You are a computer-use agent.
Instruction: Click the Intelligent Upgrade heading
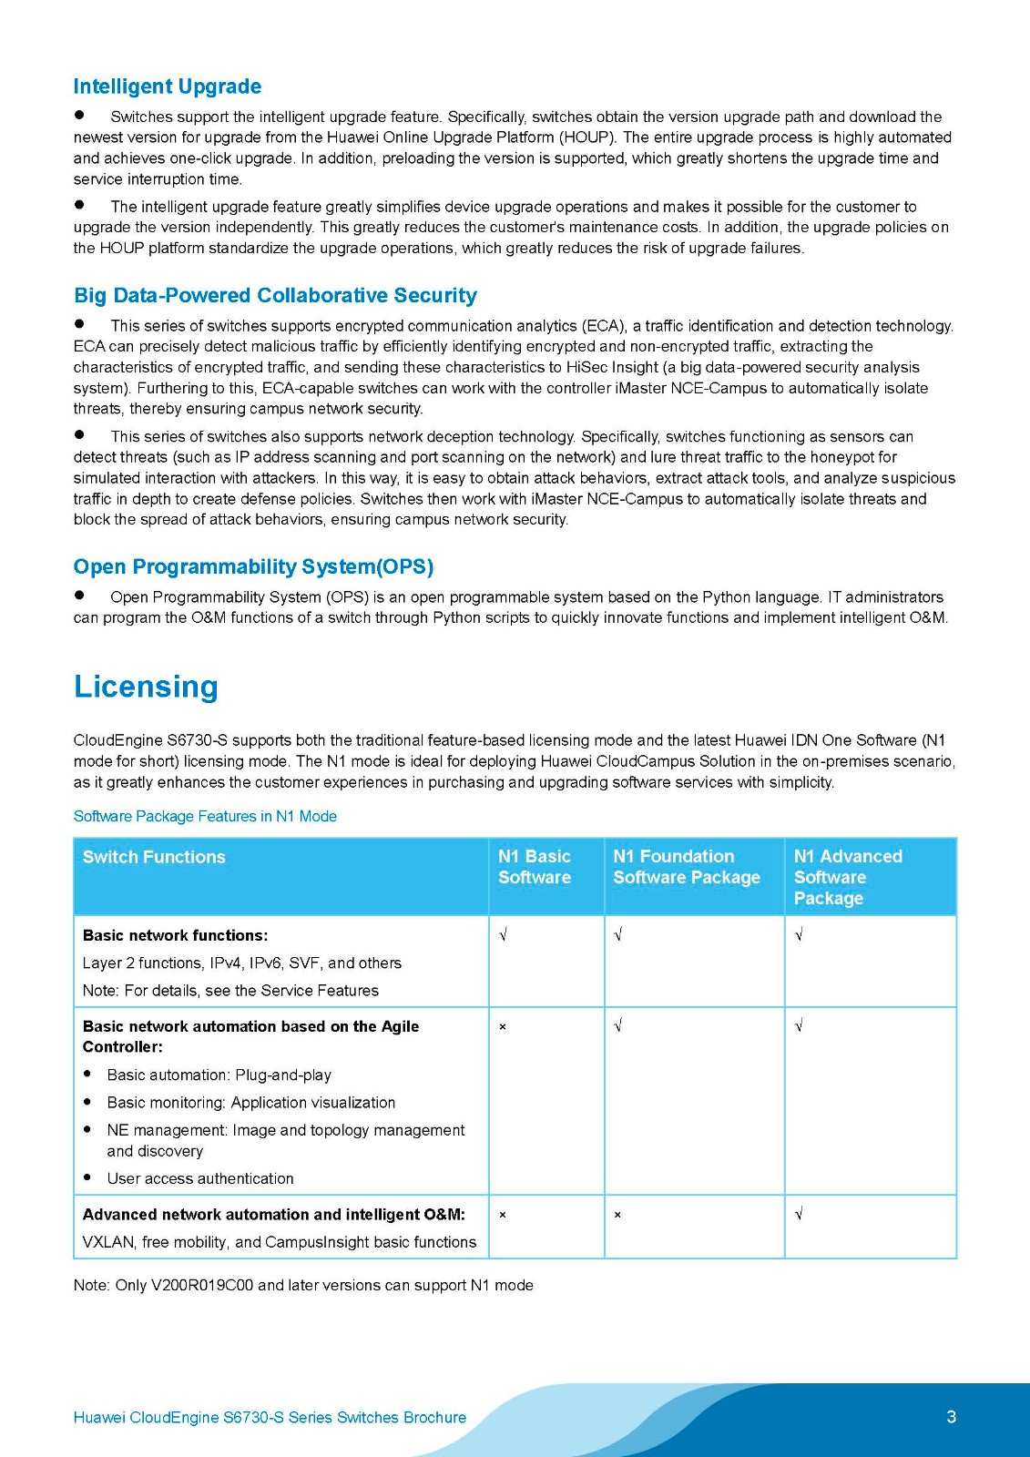168,87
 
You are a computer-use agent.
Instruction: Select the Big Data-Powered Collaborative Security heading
275,295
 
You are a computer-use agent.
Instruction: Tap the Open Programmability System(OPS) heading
253,566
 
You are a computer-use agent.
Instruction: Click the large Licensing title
146,687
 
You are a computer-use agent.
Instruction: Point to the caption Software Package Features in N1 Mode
205,816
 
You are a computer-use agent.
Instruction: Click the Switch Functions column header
154,857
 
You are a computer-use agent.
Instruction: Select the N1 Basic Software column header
535,867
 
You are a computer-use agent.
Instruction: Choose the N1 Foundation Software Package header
687,867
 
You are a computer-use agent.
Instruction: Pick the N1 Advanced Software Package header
848,877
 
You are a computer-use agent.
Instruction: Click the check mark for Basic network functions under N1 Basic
503,935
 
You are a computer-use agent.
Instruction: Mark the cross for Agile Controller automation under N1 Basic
503,1027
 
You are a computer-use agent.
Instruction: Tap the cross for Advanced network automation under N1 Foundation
617,1215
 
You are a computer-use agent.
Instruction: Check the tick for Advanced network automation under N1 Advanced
799,1214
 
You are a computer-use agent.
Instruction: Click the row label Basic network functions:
175,935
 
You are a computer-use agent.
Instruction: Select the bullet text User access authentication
200,1178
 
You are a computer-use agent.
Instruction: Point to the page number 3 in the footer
951,1417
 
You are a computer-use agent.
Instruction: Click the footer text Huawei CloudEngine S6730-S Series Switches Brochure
270,1417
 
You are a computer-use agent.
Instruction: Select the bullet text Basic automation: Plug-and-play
219,1075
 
